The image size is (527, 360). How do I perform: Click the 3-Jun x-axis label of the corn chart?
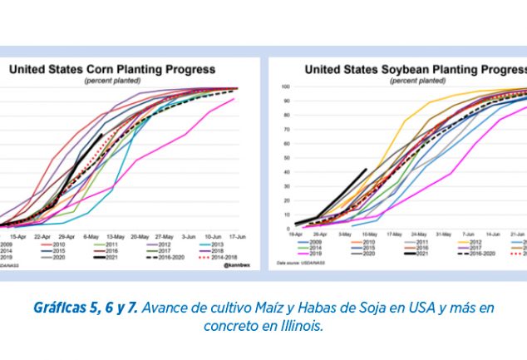pyautogui.click(x=188, y=236)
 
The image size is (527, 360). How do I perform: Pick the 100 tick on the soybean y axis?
pyautogui.click(x=285, y=86)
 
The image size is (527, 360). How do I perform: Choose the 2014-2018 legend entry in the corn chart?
pyautogui.click(x=219, y=258)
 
